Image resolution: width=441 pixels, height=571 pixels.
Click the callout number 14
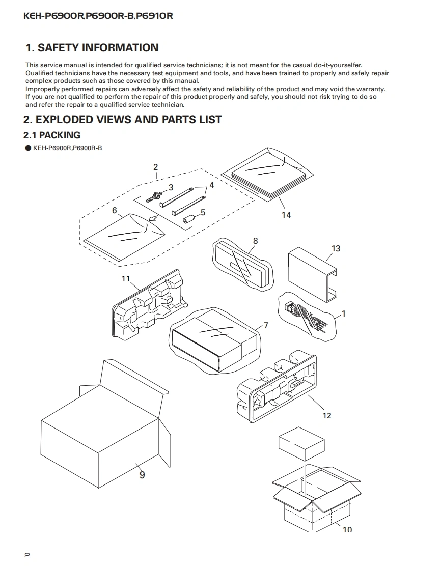[x=286, y=215]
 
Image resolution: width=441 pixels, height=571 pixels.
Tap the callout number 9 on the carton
[x=142, y=475]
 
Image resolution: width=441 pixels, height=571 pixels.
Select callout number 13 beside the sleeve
[x=336, y=248]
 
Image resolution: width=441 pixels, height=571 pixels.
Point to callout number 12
[x=327, y=415]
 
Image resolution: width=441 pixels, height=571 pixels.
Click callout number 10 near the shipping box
[x=347, y=529]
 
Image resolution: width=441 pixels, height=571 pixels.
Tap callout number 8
[x=255, y=241]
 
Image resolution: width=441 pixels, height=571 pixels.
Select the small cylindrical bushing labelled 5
[x=189, y=219]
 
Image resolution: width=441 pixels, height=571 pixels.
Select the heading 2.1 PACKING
[x=52, y=135]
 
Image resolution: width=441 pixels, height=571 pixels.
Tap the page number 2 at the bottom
[x=27, y=555]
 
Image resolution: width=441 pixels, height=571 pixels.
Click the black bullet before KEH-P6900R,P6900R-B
[x=28, y=148]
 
